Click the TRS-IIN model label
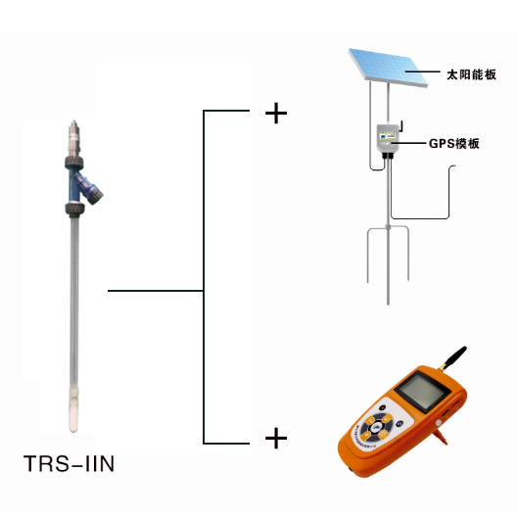tap(70, 463)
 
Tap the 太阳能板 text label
tap(471, 74)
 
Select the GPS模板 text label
tap(454, 143)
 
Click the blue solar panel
tap(389, 68)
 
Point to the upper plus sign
tap(276, 114)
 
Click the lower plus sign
tap(276, 438)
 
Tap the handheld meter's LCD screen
tap(422, 392)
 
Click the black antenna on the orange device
tap(453, 358)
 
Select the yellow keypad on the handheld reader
tap(376, 428)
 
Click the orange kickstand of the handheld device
tap(441, 435)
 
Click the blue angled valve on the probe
tap(88, 188)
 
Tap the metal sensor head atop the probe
tap(74, 138)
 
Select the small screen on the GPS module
tap(388, 135)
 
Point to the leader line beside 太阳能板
tap(423, 71)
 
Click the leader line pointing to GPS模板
tap(408, 143)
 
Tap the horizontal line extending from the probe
tap(156, 291)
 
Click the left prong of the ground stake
tap(368, 255)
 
